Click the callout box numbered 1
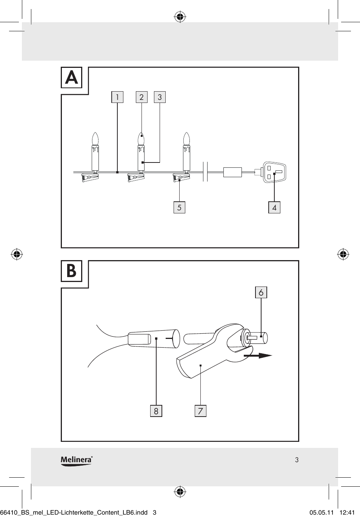117,97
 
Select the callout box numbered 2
142,97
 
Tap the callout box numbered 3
160,97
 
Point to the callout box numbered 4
274,207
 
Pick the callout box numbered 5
179,207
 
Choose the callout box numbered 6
261,292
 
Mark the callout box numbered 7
200,411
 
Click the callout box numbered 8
156,411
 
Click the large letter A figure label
72,78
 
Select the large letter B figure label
72,271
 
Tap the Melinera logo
77,460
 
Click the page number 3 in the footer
297,460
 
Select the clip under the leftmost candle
90,178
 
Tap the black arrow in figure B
258,355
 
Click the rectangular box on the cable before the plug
232,172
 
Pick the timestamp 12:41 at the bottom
347,512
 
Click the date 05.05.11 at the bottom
322,512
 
